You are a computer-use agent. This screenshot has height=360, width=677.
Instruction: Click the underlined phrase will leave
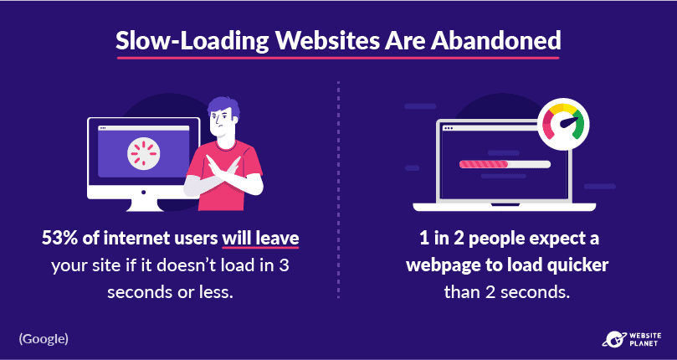(x=260, y=239)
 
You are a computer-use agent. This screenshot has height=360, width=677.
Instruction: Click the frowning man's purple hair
(x=224, y=107)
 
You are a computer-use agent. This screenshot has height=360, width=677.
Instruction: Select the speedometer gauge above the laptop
(x=563, y=125)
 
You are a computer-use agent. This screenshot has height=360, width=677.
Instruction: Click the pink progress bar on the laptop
(x=484, y=164)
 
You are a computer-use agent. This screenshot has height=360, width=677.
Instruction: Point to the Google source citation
(x=44, y=339)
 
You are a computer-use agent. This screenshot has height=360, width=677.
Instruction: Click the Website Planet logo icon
(x=613, y=338)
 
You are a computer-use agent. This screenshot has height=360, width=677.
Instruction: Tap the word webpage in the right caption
(x=435, y=265)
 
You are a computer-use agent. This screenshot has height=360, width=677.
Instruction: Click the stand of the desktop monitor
(x=143, y=205)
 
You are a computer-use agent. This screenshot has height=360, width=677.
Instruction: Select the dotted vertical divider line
(x=338, y=189)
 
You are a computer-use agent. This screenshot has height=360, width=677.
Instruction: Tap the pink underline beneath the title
(x=337, y=58)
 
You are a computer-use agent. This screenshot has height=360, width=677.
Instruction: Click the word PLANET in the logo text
(x=643, y=343)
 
